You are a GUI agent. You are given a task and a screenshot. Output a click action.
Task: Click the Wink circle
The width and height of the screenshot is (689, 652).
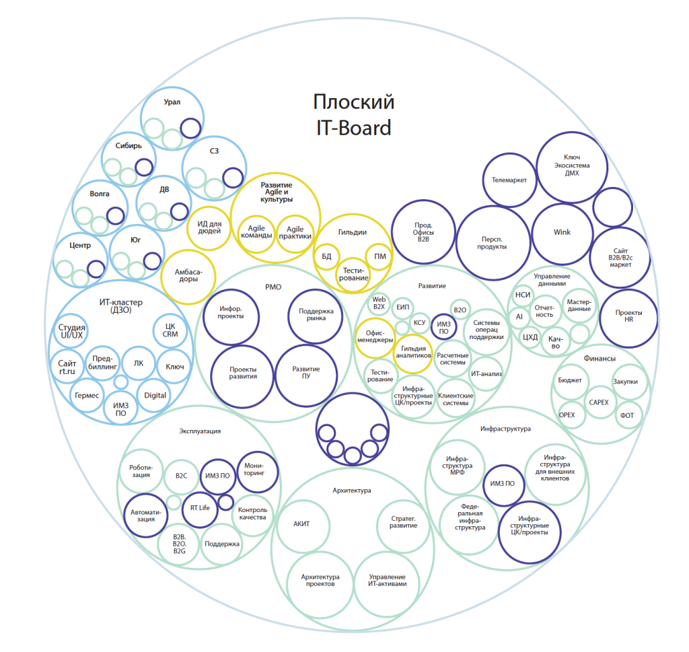tap(562, 232)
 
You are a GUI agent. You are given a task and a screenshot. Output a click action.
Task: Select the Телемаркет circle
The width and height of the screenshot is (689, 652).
tap(509, 180)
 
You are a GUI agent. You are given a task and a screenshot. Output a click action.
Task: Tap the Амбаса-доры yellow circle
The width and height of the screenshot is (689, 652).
tap(188, 277)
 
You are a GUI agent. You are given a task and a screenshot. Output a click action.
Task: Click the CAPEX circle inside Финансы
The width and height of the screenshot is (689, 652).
tap(598, 402)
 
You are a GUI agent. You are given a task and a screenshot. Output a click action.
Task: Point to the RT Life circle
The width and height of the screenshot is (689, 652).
tap(200, 509)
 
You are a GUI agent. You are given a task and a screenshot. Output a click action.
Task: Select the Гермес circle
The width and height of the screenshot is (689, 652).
tap(87, 396)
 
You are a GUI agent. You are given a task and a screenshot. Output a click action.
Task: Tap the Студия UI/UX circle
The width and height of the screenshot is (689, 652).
tap(71, 331)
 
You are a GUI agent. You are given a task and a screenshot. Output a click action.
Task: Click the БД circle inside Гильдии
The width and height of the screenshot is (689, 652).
tap(326, 256)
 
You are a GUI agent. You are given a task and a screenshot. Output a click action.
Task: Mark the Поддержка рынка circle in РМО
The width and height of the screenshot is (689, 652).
tap(316, 316)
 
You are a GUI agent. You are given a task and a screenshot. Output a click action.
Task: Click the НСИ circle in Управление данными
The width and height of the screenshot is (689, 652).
tap(523, 295)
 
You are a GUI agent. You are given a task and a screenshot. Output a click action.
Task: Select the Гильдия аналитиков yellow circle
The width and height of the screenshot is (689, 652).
tap(413, 354)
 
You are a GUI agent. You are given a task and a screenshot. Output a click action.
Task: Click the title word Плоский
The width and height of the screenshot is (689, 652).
tap(354, 102)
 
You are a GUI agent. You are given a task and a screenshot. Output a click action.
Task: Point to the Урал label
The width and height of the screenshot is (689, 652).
tap(172, 102)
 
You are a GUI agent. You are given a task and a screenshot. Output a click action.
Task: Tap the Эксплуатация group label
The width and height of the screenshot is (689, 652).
tap(200, 431)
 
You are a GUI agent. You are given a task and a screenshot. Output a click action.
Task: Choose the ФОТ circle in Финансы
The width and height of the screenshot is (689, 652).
tap(627, 415)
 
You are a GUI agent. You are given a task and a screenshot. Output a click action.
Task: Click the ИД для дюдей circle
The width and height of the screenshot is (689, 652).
tap(209, 229)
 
